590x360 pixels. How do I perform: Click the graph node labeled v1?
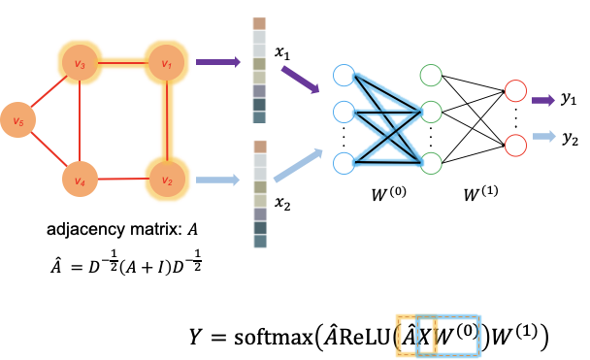coord(166,63)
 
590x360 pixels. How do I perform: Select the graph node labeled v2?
coord(166,180)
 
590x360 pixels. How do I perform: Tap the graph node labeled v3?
coord(80,63)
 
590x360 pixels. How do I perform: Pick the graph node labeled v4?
coord(80,180)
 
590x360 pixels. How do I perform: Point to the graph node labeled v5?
coord(17,120)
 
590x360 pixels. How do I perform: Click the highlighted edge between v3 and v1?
coord(123,63)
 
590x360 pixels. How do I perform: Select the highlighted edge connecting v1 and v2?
coord(166,121)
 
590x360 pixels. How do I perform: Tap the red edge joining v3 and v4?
coord(80,121)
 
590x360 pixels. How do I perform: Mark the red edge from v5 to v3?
coord(47,93)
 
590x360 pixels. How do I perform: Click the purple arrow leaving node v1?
coord(217,62)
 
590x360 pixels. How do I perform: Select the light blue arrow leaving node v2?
coord(217,180)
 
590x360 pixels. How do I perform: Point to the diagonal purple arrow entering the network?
coord(300,80)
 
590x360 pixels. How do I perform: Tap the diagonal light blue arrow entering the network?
coord(299,165)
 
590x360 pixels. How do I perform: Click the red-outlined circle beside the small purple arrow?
coord(515,91)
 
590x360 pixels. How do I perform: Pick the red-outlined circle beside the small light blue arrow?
coord(515,146)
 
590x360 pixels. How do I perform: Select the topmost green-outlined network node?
coord(431,75)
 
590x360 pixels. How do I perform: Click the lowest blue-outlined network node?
coord(344,163)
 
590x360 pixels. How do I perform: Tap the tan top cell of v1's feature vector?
coord(259,23)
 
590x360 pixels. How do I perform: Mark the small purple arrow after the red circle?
coord(543,100)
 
